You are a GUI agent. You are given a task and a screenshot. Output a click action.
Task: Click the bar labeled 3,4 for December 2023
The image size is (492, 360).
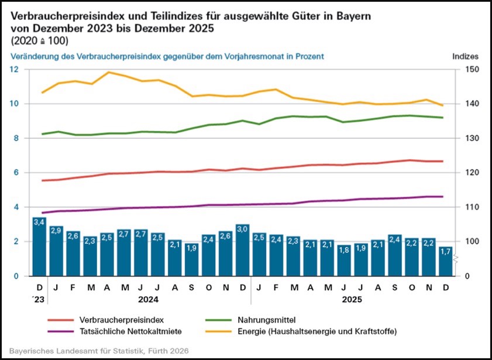[x=39, y=246]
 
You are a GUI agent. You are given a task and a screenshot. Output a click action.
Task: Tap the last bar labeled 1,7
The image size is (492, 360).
[x=446, y=261]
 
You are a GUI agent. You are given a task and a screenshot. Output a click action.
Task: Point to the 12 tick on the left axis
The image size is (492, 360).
[x=14, y=69]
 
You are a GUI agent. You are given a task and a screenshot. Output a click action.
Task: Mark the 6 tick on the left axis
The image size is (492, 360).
[x=16, y=173]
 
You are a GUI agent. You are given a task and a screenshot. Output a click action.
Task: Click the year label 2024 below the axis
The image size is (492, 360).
[x=149, y=299]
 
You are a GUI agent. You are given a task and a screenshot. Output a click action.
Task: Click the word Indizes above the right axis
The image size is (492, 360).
[x=466, y=57]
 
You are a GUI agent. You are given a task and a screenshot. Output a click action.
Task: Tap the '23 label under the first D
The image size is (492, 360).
[x=39, y=299]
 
